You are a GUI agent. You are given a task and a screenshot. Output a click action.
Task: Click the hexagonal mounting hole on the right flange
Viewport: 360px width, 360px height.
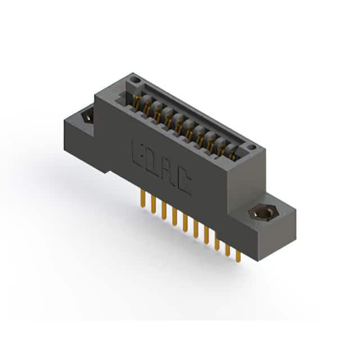tap(264, 213)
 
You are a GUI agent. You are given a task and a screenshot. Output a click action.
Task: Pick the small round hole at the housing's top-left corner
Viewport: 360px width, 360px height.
tap(135, 80)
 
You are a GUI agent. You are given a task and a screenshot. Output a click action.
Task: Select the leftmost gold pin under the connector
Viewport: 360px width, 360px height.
tap(143, 199)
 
